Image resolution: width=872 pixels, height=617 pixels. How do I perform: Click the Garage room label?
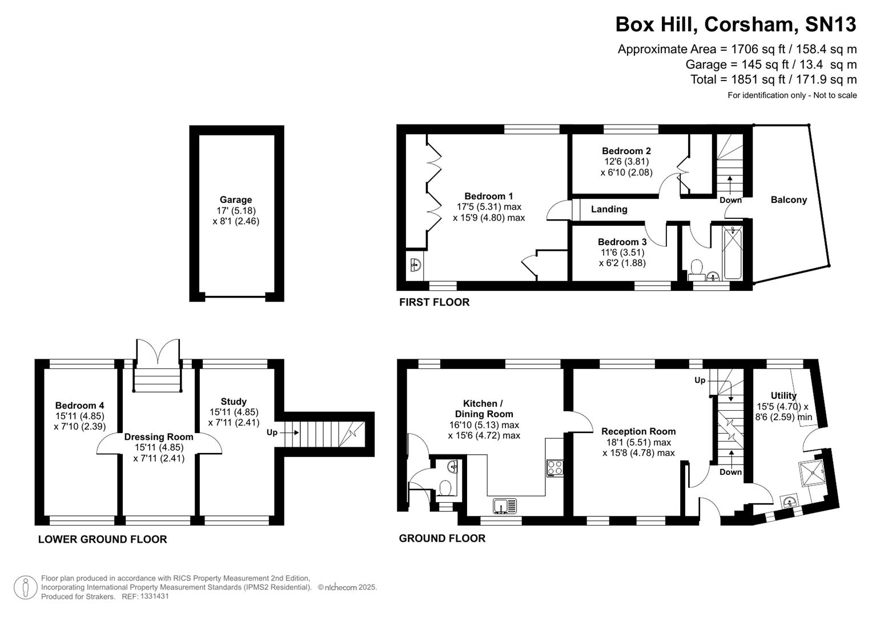[x=236, y=200]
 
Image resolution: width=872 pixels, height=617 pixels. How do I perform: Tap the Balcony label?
[x=789, y=200]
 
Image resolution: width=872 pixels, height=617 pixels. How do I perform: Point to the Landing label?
[x=609, y=209]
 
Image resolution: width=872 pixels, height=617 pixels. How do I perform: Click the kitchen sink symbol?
[x=504, y=506]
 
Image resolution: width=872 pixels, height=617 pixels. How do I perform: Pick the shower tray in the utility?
[x=811, y=471]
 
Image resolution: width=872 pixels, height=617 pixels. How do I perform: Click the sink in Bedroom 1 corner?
[x=415, y=265]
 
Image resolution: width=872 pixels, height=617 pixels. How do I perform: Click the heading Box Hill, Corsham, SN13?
[x=736, y=25]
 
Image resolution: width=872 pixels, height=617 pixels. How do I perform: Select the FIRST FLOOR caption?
[x=434, y=302]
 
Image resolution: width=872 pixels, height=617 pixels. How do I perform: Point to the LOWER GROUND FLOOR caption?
[x=102, y=539]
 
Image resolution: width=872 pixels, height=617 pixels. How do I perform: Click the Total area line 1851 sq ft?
[x=773, y=79]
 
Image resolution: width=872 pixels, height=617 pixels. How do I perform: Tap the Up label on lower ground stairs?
[x=272, y=432]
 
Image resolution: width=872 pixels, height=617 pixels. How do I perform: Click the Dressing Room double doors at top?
[x=158, y=353]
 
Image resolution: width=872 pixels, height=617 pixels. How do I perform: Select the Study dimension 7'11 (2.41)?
[x=234, y=423]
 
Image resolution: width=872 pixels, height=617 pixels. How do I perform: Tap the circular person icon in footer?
[x=26, y=587]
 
